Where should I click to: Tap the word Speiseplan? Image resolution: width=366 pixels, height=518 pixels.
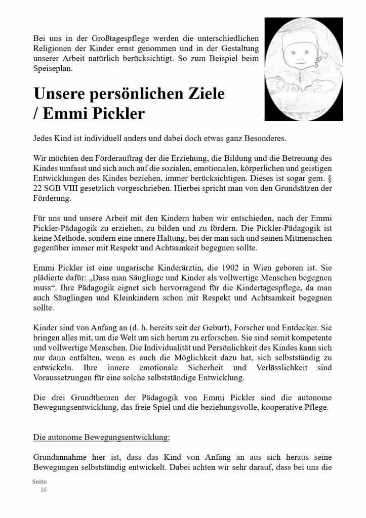pos(53,69)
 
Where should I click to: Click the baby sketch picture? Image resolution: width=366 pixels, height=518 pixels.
pos(303,69)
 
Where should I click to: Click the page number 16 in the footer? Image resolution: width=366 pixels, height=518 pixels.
pos(44,490)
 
